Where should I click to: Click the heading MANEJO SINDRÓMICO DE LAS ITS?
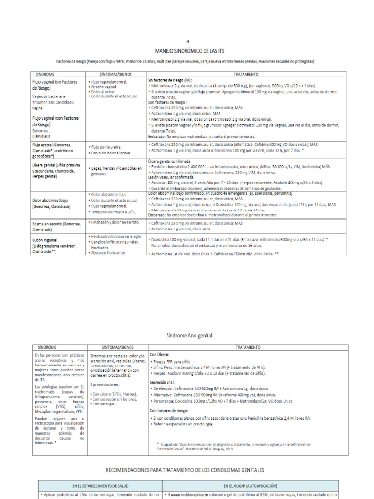187,51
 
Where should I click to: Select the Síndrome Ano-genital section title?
187,335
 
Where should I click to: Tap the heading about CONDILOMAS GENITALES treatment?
186,470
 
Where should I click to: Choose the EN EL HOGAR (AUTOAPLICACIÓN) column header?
255,486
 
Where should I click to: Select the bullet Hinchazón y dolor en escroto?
115,222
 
